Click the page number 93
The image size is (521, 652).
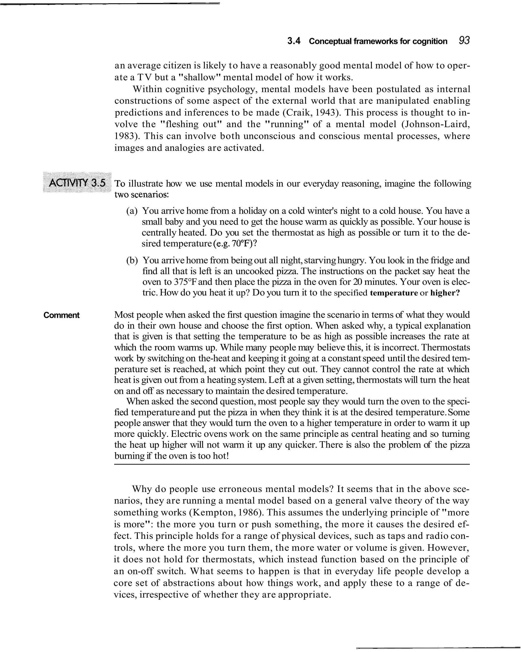click(464, 40)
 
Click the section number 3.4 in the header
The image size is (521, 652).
click(294, 41)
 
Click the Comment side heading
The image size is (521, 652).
click(61, 315)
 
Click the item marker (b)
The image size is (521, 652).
click(132, 260)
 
